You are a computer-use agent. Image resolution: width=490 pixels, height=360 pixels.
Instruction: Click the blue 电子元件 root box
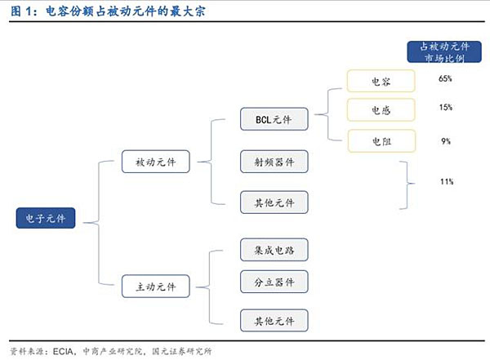point(46,218)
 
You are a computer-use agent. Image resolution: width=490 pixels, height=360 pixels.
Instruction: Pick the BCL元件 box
point(274,120)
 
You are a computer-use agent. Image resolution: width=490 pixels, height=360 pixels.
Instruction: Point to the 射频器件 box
point(274,161)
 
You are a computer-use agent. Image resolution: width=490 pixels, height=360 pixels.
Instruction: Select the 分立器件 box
point(274,282)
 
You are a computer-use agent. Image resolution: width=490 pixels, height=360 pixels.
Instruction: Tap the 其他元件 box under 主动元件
point(274,320)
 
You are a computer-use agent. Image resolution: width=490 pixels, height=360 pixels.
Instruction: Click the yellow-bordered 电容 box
point(381,81)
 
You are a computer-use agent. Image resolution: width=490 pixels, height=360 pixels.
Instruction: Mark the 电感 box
point(381,110)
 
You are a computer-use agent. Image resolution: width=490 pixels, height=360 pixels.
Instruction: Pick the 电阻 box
point(381,140)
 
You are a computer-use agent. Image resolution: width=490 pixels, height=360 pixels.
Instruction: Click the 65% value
point(445,79)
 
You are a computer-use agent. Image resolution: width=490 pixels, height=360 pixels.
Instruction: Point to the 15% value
point(445,108)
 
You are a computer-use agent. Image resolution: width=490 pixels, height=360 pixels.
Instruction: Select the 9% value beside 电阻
point(445,140)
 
